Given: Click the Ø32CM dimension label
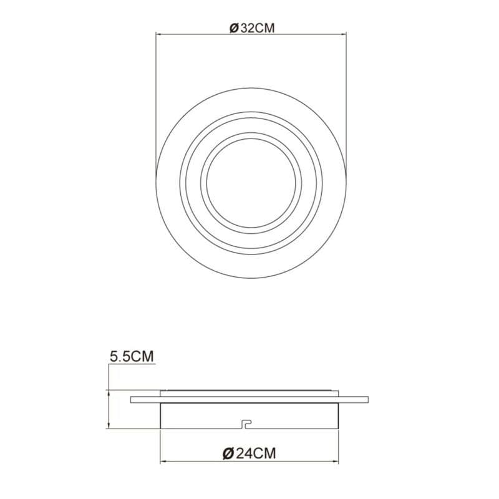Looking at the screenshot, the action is pos(252,28).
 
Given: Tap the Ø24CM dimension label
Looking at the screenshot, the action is pos(249,453).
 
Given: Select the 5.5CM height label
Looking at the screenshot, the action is pos(132,356).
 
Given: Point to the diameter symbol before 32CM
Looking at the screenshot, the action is pos(234,28).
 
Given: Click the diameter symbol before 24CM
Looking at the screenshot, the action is pos(228,453).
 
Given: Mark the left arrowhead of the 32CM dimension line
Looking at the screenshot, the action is pos(158,33).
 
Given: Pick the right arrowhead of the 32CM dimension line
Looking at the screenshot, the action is pos(344,33).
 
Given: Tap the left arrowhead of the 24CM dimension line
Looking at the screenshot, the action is pos(163,461).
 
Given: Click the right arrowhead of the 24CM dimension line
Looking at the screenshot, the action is pos(336,461).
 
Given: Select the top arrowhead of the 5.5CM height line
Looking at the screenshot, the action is pos(109,393).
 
